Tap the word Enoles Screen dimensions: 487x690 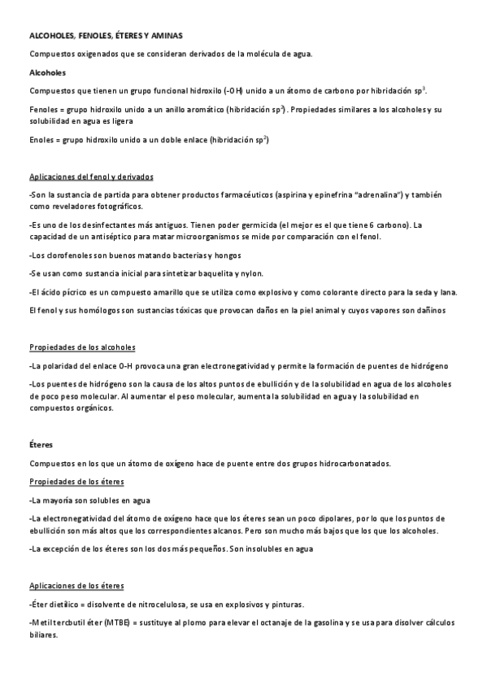pyautogui.click(x=42, y=141)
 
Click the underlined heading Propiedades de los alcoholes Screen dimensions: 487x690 pyautogui.click(x=81, y=347)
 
